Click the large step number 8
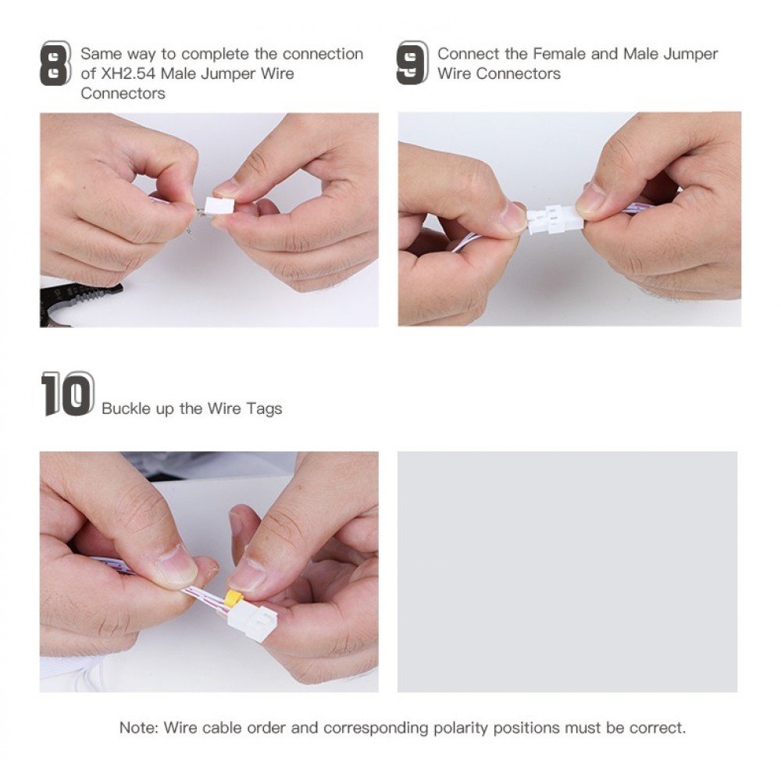point(55,63)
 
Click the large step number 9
point(412,62)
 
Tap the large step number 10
point(68,394)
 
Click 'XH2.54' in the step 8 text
point(128,73)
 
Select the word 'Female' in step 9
point(559,53)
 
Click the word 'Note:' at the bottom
point(139,728)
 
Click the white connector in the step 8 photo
point(219,205)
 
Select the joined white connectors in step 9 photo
point(551,219)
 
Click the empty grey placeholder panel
point(567,572)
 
